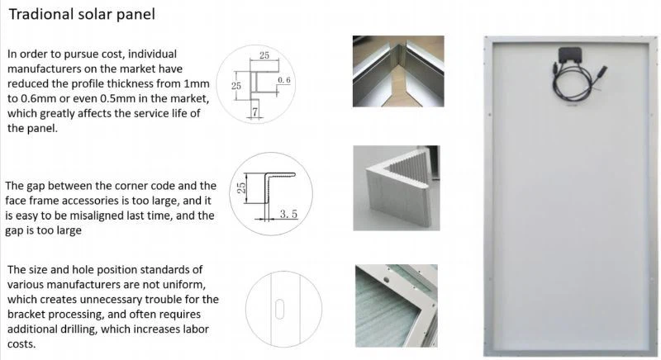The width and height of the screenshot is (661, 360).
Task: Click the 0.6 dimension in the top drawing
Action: coord(284,80)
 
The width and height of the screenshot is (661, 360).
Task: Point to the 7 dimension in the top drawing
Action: coord(254,112)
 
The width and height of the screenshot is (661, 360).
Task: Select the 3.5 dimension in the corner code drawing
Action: coord(288,215)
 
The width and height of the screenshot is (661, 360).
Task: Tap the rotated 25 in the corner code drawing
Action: coord(241,187)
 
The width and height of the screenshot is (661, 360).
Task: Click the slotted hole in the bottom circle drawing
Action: coord(279,309)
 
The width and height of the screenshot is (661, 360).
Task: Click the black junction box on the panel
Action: coord(570,55)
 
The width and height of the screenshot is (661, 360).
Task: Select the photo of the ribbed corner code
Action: coord(397,188)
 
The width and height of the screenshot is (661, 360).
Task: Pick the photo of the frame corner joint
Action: coord(398,71)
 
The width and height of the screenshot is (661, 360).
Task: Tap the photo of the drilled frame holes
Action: coord(397,306)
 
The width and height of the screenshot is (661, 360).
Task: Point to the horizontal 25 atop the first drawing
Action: coord(264,55)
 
